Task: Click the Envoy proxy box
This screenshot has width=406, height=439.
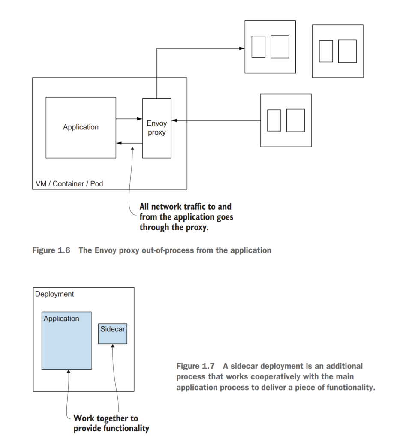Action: pyautogui.click(x=157, y=128)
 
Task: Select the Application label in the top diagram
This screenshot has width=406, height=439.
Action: pyautogui.click(x=81, y=127)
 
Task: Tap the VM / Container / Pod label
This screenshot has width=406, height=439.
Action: pyautogui.click(x=69, y=184)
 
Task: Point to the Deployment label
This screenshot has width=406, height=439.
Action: pyautogui.click(x=54, y=294)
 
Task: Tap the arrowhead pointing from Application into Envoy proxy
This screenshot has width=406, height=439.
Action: pyautogui.click(x=140, y=119)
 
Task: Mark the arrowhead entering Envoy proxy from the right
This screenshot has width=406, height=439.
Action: pyautogui.click(x=174, y=121)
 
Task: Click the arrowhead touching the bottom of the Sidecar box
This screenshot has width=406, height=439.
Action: pyautogui.click(x=113, y=346)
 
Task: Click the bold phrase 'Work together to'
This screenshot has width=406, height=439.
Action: pyautogui.click(x=106, y=418)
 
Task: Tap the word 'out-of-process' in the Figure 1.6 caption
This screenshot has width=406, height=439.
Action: pyautogui.click(x=168, y=250)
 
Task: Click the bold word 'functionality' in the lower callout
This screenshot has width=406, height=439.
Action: pyautogui.click(x=124, y=428)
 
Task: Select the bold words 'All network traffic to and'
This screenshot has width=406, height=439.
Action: pyautogui.click(x=185, y=207)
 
